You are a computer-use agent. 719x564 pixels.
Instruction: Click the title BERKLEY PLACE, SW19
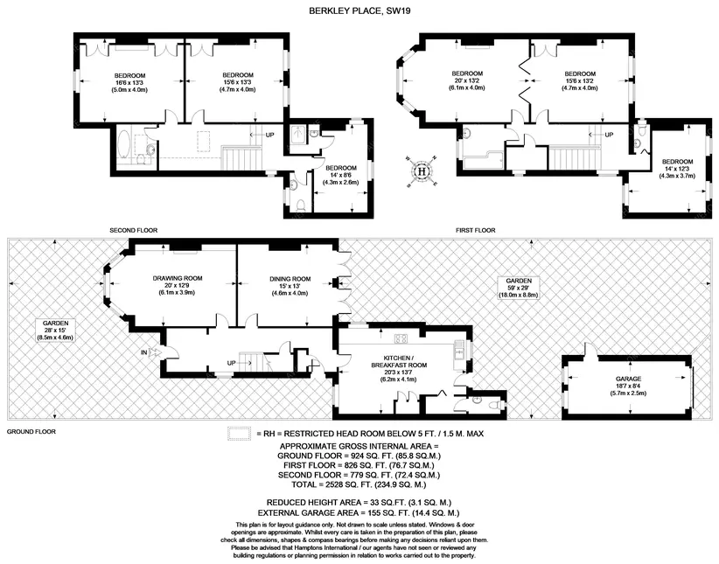click(359, 11)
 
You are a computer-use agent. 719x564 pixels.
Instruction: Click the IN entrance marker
click(143, 352)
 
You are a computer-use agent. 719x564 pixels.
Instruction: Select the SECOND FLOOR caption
click(133, 230)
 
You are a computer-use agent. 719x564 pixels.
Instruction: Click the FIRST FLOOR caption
click(475, 230)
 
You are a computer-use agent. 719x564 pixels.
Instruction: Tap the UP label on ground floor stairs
click(232, 363)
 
